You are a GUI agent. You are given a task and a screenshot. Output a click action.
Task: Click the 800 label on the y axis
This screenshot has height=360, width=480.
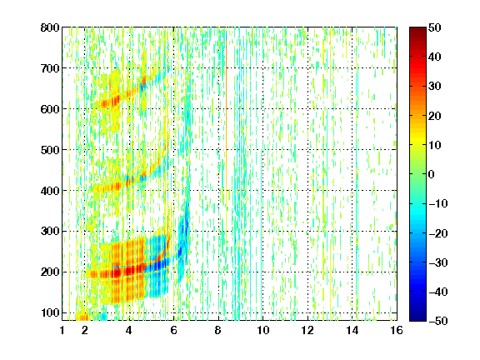click(50, 27)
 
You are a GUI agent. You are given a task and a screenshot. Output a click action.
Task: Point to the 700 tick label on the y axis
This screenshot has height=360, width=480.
click(50, 68)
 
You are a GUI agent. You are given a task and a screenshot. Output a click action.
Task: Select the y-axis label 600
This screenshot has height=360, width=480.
click(50, 109)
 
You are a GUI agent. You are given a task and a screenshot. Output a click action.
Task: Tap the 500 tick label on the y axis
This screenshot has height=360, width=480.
click(50, 150)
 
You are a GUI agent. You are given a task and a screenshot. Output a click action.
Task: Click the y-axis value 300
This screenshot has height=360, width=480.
click(50, 231)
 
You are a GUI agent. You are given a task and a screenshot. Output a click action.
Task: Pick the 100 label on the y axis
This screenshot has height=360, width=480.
click(50, 312)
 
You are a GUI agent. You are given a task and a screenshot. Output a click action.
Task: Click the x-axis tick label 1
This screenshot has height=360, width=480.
click(62, 330)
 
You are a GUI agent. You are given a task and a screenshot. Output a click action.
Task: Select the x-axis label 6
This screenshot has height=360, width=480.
click(174, 330)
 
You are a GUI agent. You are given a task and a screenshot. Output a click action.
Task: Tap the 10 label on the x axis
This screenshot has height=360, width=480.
click(263, 330)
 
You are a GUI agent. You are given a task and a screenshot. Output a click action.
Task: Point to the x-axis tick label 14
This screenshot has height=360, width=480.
click(352, 330)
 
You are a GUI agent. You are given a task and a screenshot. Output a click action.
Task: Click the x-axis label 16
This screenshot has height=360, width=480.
click(397, 330)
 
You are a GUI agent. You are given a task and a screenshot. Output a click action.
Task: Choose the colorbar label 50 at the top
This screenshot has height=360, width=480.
click(435, 27)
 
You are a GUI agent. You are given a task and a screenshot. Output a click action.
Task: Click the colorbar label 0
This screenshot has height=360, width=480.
click(432, 174)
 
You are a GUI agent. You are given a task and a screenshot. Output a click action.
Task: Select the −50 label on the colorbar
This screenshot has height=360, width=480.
click(438, 321)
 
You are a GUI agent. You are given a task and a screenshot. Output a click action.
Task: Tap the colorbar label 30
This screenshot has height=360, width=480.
click(435, 87)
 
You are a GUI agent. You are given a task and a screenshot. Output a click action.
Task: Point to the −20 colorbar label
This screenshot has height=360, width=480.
click(438, 233)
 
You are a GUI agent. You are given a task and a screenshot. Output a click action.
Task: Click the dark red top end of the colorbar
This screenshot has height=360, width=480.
click(417, 29)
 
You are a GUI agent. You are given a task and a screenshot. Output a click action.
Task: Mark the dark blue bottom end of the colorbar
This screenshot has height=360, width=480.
click(417, 319)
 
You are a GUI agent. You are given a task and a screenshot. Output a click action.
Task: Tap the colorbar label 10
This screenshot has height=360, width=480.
click(435, 145)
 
